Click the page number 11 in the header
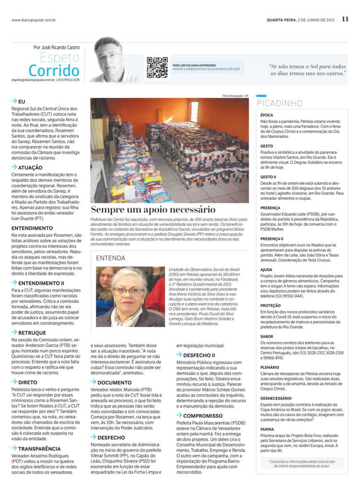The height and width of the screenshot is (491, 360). point(345,20)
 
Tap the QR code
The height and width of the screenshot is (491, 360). point(157,67)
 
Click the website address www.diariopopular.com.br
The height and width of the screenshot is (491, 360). point(34,20)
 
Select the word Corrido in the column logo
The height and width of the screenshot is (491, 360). point(54,70)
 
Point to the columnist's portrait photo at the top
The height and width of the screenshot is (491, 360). point(113,59)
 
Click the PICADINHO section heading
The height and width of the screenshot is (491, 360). point(279,103)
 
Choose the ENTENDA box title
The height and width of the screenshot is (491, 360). point(111,257)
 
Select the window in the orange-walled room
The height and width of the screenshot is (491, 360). point(194,112)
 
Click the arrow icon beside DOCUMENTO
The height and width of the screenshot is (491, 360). point(93,382)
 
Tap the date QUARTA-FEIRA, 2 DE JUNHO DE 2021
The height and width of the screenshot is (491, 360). point(301,20)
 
